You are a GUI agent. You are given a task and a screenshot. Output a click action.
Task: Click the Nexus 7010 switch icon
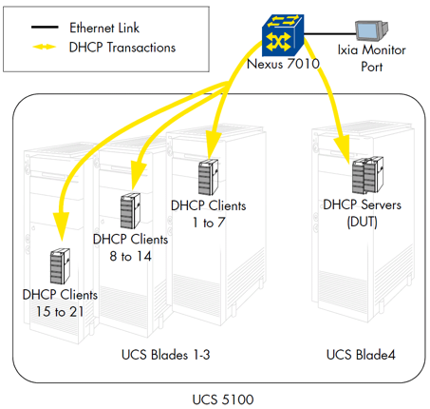tap(283, 35)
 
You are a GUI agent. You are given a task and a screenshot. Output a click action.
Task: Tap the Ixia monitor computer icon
tap(371, 30)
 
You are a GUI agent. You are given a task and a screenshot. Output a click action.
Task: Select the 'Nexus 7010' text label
tap(283, 64)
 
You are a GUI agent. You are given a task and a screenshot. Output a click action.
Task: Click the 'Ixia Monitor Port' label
tap(371, 58)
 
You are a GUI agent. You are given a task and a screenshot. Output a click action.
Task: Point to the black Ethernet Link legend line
tap(45, 28)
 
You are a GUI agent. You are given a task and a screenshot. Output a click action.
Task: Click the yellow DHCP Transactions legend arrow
tap(45, 47)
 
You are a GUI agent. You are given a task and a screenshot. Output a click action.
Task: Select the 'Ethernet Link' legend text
tap(104, 28)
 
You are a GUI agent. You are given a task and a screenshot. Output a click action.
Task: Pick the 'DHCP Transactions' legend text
tap(122, 48)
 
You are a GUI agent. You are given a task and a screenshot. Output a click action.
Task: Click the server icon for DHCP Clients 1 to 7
tap(208, 177)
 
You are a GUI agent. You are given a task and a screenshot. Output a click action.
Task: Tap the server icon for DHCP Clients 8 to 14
tap(130, 211)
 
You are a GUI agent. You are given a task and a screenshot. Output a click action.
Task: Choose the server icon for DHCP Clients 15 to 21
tap(60, 266)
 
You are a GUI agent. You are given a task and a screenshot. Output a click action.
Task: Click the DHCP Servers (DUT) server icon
tap(367, 175)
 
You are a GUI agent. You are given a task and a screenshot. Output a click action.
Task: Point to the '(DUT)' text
tap(362, 222)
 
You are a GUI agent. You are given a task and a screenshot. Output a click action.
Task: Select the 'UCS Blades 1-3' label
tap(165, 355)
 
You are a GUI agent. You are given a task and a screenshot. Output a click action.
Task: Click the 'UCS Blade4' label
tap(361, 355)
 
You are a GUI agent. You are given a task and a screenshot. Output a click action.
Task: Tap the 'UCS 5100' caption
tap(223, 399)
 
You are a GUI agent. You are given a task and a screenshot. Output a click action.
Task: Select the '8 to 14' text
tap(130, 256)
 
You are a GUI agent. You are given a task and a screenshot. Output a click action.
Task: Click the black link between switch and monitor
tap(329, 33)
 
